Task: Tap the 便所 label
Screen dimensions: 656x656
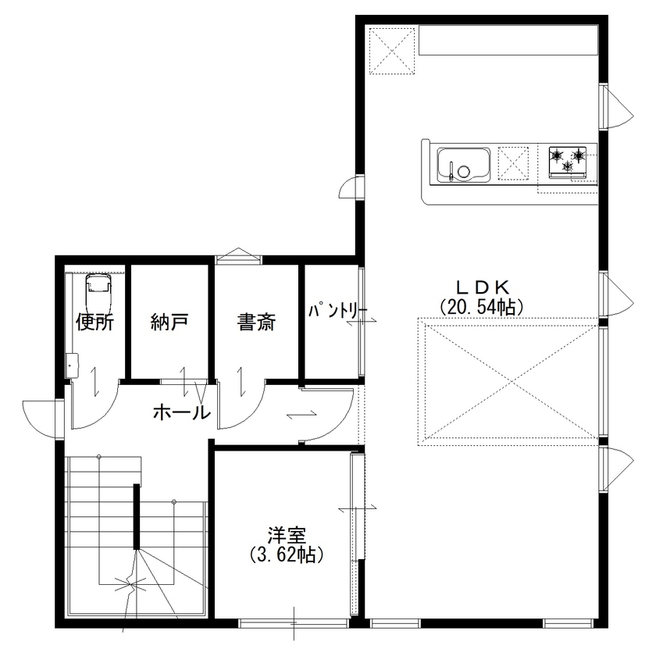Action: click(x=94, y=322)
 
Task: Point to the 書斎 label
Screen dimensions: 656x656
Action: click(x=256, y=322)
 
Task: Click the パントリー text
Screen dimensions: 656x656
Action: click(x=336, y=310)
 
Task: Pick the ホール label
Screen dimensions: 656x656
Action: click(x=181, y=412)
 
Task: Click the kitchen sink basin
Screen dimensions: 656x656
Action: click(x=464, y=165)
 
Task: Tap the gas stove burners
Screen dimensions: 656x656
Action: click(x=568, y=159)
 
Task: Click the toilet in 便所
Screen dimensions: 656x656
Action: click(x=98, y=290)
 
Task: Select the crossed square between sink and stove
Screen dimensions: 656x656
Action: click(x=514, y=162)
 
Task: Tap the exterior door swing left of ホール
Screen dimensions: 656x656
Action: click(x=41, y=418)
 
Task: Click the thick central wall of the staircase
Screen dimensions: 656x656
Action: click(x=137, y=516)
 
